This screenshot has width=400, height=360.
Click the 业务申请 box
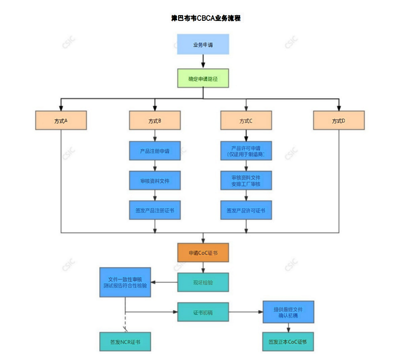[x=203, y=45]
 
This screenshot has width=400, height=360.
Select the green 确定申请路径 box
[x=203, y=79]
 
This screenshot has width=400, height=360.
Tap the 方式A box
[x=61, y=121]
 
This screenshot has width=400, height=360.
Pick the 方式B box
[x=154, y=121]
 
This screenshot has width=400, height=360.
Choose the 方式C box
[x=246, y=121]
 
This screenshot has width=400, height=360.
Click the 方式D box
[x=339, y=121]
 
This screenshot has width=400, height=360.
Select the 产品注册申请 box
[x=154, y=151]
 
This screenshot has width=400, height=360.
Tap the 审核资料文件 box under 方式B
[x=154, y=180]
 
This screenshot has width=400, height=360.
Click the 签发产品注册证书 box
[x=154, y=210]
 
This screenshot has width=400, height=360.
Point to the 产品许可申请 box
[x=246, y=151]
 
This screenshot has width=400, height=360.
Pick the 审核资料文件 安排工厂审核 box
[x=246, y=180]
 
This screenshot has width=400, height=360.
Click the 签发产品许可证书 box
[x=246, y=210]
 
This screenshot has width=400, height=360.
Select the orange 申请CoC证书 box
[x=203, y=252]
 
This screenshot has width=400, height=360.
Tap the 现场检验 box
[x=203, y=282]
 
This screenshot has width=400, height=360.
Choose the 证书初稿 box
[x=203, y=312]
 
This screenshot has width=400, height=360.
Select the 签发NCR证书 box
[x=125, y=341]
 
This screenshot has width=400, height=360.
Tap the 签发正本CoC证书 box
[x=288, y=341]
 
